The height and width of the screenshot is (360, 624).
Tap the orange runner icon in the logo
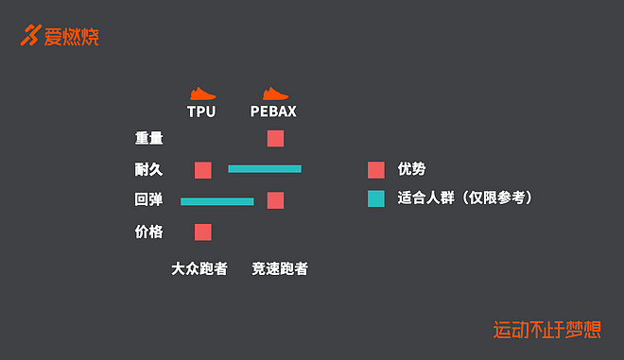(32, 36)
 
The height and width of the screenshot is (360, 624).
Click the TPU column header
(201, 111)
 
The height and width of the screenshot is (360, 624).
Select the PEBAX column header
(273, 111)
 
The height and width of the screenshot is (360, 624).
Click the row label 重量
(149, 138)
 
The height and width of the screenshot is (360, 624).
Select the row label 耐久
(149, 170)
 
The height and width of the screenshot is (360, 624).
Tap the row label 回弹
(149, 200)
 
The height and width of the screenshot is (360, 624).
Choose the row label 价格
(149, 231)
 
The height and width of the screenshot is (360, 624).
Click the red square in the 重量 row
(275, 139)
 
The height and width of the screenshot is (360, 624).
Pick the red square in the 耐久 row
(202, 170)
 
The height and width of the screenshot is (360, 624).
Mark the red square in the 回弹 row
(275, 200)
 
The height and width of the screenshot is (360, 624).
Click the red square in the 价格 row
(202, 231)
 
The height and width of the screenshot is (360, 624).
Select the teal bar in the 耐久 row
(265, 169)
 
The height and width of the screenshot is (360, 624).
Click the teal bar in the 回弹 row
(217, 201)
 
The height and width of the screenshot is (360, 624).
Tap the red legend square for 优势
(376, 170)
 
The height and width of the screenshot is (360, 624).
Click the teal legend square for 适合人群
(376, 199)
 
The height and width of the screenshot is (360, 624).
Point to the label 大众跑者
(199, 268)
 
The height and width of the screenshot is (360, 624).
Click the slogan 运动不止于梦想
(547, 330)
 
